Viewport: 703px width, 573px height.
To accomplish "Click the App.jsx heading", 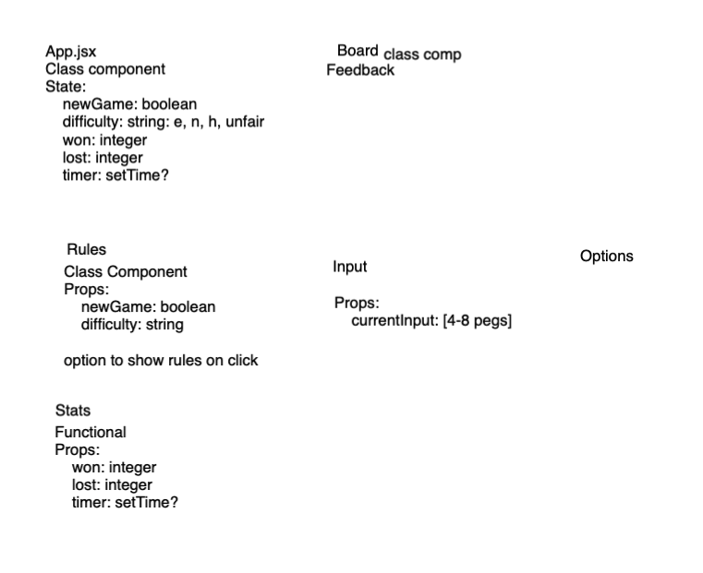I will [71, 52].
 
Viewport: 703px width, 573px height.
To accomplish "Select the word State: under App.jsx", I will [66, 87].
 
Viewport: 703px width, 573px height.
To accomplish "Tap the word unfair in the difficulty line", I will [245, 122].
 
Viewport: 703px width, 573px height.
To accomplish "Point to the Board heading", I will [358, 51].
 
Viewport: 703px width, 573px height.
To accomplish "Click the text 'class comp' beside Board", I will [422, 54].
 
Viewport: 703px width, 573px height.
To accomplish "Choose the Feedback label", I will [360, 70].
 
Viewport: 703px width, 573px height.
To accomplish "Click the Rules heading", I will [87, 249].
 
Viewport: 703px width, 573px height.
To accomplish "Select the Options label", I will [607, 256].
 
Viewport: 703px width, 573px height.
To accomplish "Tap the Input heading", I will [350, 267].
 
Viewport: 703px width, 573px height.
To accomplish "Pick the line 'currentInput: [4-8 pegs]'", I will [431, 321].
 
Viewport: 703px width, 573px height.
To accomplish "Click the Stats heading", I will [73, 410].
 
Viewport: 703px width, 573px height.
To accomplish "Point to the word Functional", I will [91, 432].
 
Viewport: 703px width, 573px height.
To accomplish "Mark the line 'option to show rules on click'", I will [161, 360].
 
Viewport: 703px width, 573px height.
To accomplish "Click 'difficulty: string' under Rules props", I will [132, 325].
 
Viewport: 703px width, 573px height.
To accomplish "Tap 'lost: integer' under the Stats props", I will [112, 484].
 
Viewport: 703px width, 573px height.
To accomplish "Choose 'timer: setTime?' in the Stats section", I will [125, 503].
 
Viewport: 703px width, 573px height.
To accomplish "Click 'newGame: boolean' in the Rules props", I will [148, 306].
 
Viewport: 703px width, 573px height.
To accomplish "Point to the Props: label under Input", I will [357, 303].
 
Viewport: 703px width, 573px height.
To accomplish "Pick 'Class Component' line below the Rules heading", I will [126, 271].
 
